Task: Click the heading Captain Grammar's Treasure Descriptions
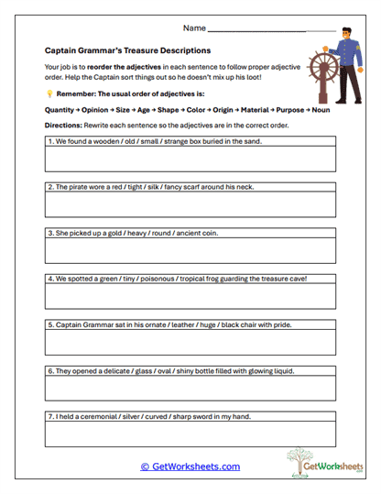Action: (x=127, y=51)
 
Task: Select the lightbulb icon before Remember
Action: (x=49, y=93)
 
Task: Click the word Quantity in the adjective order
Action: (x=60, y=108)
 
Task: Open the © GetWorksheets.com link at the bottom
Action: (x=190, y=467)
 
